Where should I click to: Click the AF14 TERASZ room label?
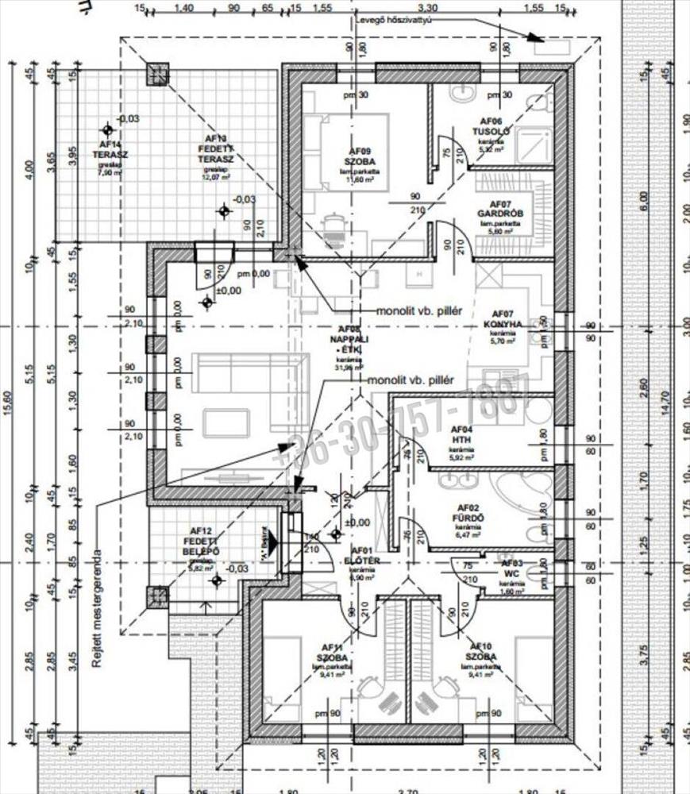click(109, 149)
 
